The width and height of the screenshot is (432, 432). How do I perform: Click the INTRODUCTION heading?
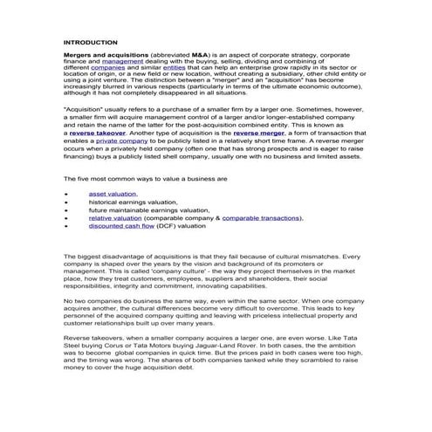pos(91,42)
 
